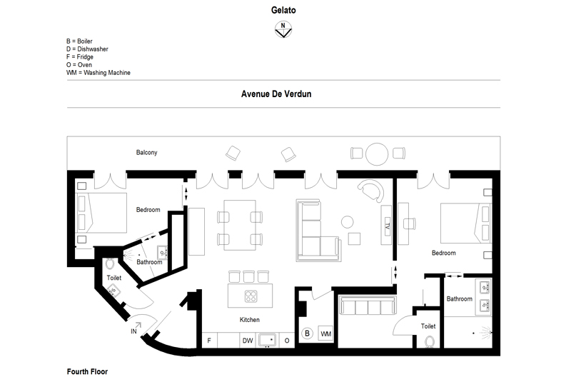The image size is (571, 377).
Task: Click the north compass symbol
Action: [283, 29]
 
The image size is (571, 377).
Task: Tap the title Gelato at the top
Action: [283, 10]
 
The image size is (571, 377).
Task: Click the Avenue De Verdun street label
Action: [276, 94]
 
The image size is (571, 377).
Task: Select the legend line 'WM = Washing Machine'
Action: [98, 73]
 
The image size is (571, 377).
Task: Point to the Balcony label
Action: [147, 152]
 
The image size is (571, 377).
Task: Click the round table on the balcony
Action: [377, 154]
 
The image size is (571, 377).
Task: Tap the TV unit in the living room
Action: [386, 225]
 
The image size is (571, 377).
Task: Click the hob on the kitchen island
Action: [251, 296]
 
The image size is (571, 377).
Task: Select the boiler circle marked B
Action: [307, 333]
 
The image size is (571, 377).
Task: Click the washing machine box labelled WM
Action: [325, 333]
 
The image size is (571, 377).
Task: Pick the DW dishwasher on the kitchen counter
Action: [248, 341]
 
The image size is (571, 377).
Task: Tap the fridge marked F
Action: [209, 341]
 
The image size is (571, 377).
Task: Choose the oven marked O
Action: [287, 341]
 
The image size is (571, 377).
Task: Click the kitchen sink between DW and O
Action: [267, 340]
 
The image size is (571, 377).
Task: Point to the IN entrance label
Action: [133, 331]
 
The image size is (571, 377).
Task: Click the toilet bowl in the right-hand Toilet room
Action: [430, 342]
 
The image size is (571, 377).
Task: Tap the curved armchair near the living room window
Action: [371, 191]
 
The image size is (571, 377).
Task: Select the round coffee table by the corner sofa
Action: [347, 222]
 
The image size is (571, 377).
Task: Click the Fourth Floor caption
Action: [87, 371]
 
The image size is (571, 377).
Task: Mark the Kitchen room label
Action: [249, 319]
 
